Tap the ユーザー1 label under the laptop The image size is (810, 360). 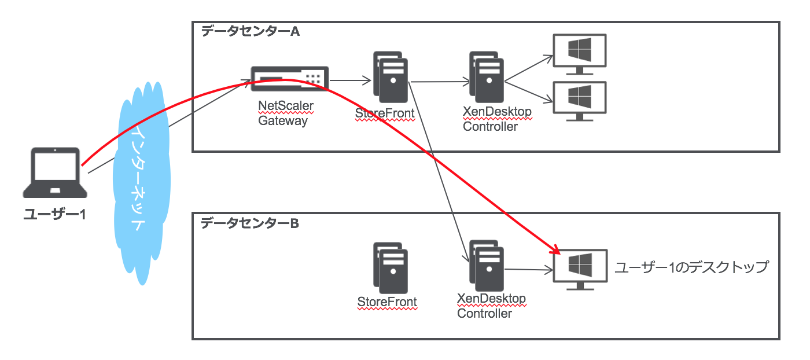click(55, 214)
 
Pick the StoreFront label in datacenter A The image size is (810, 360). click(385, 114)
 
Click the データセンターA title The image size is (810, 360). click(250, 32)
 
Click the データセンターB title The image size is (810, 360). click(249, 223)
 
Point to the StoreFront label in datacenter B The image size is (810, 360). click(387, 302)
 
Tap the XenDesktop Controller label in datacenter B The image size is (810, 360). click(491, 306)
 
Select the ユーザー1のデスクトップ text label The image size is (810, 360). click(691, 267)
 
